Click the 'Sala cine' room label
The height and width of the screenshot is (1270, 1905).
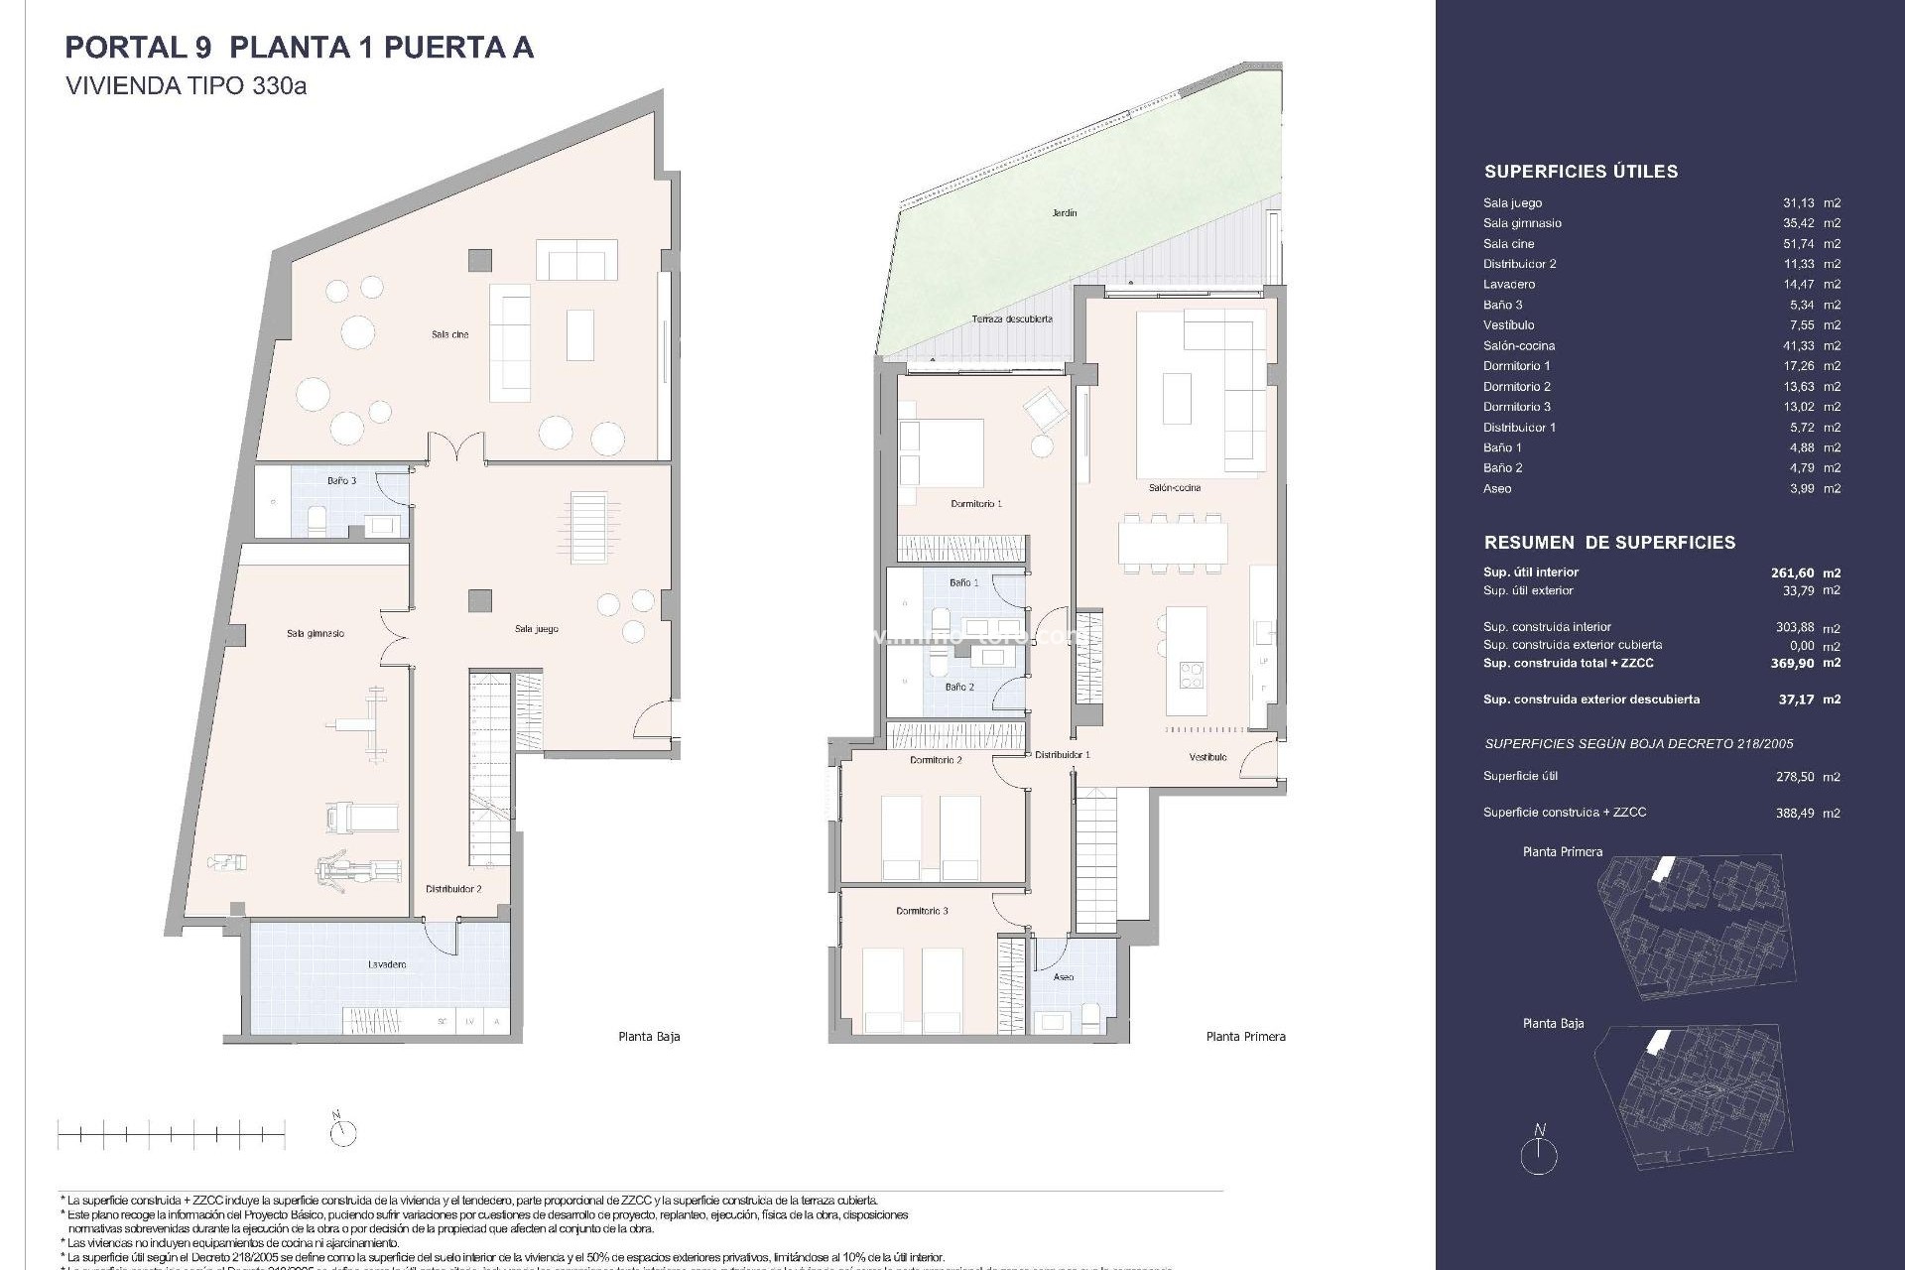(x=449, y=334)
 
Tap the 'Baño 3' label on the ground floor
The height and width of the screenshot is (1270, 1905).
(x=341, y=481)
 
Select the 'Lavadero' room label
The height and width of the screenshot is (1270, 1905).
(x=386, y=964)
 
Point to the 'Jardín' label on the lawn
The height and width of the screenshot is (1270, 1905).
(x=1064, y=213)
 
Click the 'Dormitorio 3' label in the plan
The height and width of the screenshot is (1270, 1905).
(x=922, y=911)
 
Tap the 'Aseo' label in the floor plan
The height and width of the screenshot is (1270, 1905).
(x=1063, y=977)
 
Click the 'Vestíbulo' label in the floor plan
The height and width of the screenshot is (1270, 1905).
(x=1207, y=757)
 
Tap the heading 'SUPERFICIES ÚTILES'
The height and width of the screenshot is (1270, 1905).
(x=1581, y=172)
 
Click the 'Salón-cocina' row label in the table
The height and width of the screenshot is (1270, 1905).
(x=1519, y=346)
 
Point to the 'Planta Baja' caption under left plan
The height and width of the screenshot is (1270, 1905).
(x=649, y=1037)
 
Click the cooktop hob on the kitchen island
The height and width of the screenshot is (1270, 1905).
(x=1191, y=675)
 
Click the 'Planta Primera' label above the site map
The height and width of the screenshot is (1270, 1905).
(x=1562, y=852)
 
